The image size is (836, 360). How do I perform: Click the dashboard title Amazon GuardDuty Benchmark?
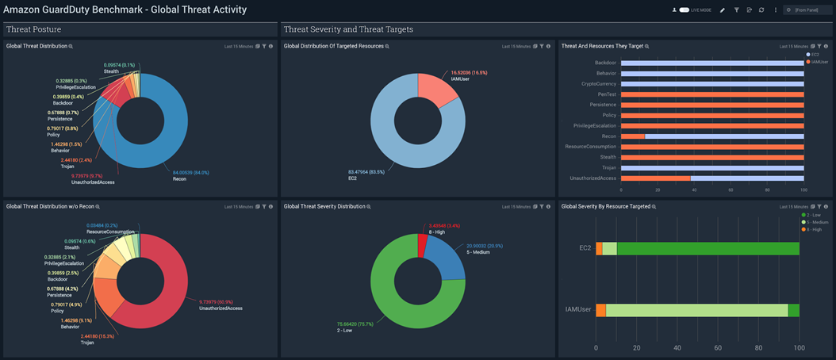125,10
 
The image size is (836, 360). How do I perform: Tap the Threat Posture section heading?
35,29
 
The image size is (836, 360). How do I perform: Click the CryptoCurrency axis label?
599,83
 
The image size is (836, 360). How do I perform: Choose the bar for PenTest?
711,94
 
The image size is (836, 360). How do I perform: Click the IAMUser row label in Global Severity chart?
579,311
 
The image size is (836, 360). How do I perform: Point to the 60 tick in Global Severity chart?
718,347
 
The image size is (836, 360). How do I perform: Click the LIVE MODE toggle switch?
684,10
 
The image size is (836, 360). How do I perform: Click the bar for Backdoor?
711,63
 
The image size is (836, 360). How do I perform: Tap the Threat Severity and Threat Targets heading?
348,29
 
